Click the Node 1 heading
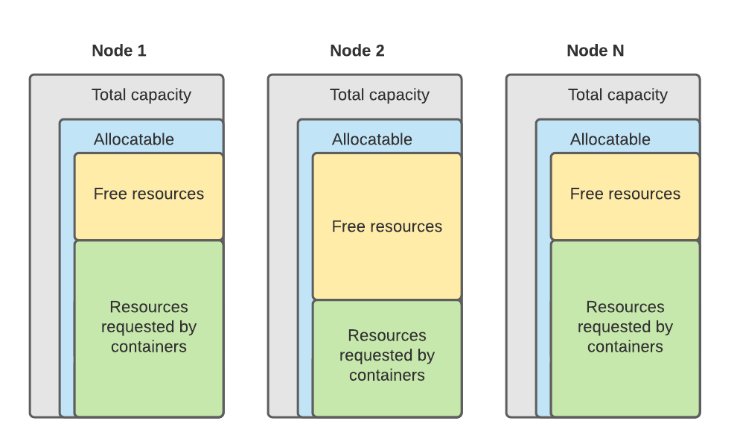click(119, 51)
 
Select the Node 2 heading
click(357, 51)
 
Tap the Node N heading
click(596, 51)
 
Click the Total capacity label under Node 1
click(141, 95)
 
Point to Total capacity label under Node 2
click(380, 95)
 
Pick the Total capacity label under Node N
click(618, 95)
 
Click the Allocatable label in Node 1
click(134, 139)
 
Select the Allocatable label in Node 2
click(372, 139)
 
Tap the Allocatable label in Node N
click(610, 139)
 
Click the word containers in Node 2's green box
click(387, 375)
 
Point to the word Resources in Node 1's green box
click(149, 307)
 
